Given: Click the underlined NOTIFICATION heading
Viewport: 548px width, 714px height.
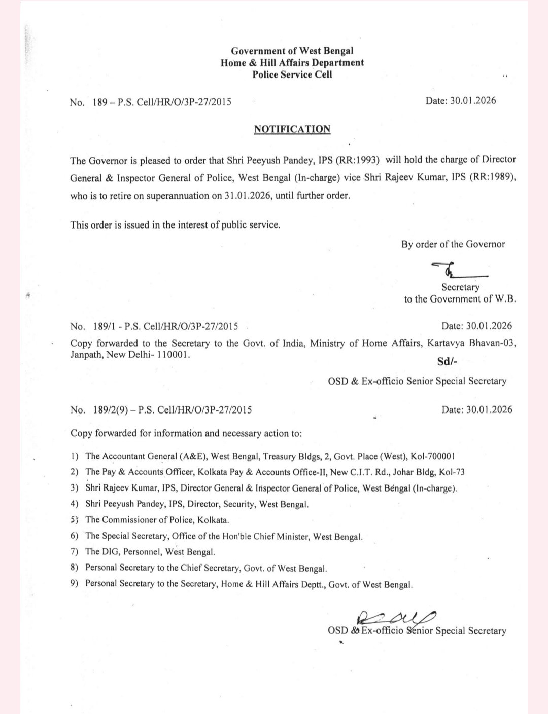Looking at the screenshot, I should tap(292, 129).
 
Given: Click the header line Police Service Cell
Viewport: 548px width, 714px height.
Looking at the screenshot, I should tap(292, 74).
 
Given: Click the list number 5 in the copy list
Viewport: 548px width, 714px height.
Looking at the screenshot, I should tap(74, 519).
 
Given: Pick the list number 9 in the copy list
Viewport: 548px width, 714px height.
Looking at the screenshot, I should tap(74, 583).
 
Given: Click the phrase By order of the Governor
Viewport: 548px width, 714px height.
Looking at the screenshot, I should tap(453, 244).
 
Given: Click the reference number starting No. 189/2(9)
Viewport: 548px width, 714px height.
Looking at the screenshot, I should tap(161, 409).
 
